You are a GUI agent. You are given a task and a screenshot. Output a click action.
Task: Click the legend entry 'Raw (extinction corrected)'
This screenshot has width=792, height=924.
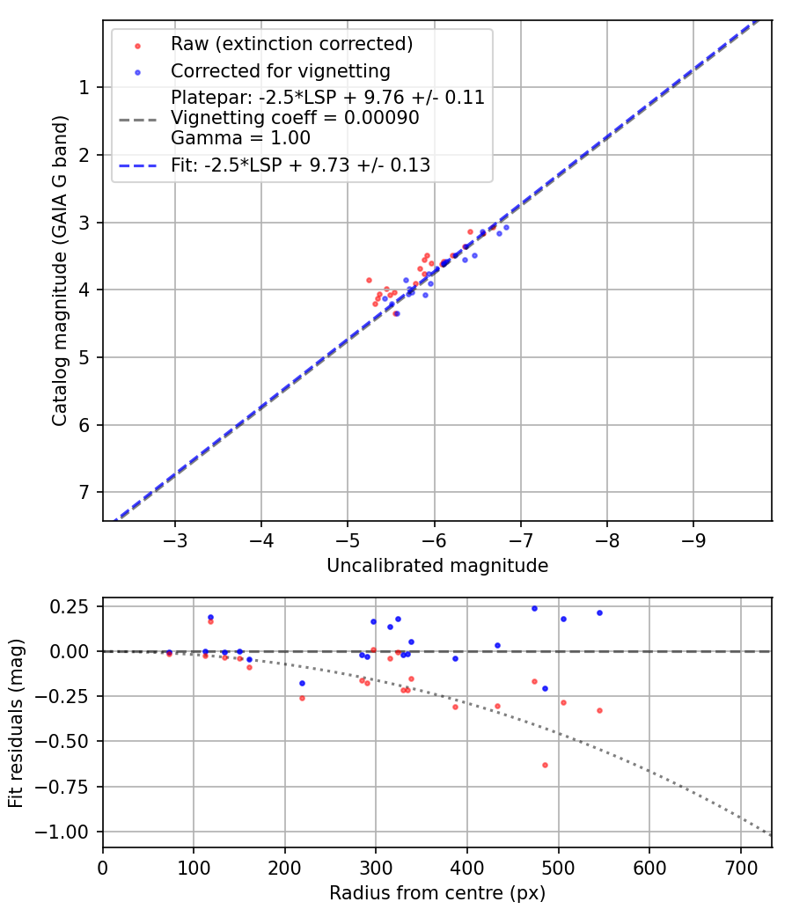pyautogui.click(x=291, y=44)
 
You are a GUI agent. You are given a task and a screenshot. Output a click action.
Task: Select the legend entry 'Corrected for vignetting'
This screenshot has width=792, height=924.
pyautogui.click(x=280, y=70)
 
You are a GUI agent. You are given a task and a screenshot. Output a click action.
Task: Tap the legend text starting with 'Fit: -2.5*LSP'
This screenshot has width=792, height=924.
pyautogui.click(x=300, y=165)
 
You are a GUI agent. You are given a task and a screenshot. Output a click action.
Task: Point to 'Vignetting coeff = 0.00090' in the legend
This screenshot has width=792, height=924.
pyautogui.click(x=295, y=117)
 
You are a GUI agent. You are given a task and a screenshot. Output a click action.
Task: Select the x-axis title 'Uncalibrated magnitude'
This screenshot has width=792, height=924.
pyautogui.click(x=437, y=566)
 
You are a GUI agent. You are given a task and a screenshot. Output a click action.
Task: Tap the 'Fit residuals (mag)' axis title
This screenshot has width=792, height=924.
pyautogui.click(x=16, y=722)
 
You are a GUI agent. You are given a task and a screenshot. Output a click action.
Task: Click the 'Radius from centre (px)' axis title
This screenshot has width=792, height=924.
pyautogui.click(x=437, y=893)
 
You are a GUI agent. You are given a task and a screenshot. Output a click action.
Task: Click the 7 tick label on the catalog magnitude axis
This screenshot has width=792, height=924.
pyautogui.click(x=84, y=492)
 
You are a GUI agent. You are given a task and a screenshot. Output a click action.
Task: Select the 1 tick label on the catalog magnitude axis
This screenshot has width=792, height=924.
pyautogui.click(x=84, y=87)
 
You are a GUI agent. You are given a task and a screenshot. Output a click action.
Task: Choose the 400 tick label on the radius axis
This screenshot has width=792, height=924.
pyautogui.click(x=467, y=867)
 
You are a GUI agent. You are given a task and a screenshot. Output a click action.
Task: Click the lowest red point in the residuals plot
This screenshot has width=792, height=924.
pyautogui.click(x=545, y=765)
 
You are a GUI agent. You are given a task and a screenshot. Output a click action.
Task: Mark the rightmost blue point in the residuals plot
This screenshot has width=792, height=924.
pyautogui.click(x=599, y=612)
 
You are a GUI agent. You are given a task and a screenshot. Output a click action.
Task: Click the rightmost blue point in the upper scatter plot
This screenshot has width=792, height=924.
pyautogui.click(x=506, y=227)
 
